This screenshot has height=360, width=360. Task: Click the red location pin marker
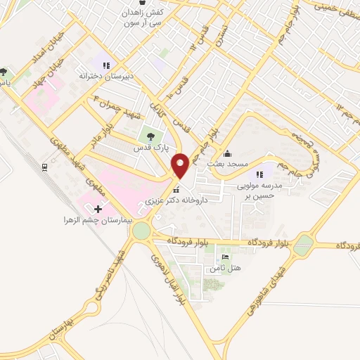coord(182,165)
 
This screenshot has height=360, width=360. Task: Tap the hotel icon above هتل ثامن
coord(224,258)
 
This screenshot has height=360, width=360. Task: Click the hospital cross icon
coord(98,209)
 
